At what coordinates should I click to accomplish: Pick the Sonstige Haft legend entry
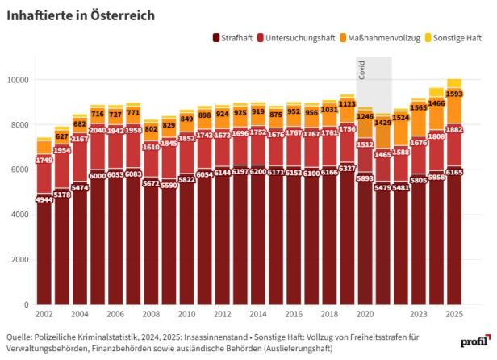(x=457, y=38)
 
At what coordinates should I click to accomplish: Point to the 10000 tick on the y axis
(x=17, y=80)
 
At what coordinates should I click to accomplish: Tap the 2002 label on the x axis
(x=44, y=313)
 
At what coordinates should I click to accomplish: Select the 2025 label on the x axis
(x=454, y=313)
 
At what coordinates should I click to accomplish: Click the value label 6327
(x=347, y=168)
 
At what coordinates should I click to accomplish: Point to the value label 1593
(x=454, y=94)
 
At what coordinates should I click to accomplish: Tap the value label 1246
(x=365, y=116)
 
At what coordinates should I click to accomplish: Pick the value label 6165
(x=454, y=171)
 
